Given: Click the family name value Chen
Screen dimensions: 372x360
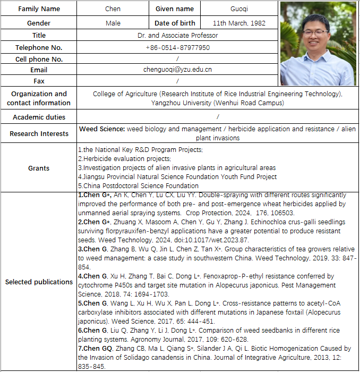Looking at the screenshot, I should point(113,9).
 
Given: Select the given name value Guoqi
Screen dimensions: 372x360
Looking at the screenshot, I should point(238,9).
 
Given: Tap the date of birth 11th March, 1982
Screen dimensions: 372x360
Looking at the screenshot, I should point(238,23).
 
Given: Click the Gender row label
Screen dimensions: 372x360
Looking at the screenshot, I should point(39,23).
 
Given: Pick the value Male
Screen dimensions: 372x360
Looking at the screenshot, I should point(113,23).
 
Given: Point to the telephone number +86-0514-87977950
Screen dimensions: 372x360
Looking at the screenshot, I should point(177,48).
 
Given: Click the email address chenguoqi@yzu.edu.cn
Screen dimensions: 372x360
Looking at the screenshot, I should point(177,70).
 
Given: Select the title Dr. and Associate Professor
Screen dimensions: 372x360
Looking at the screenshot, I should point(177,36).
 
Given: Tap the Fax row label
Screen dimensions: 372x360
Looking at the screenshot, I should point(39,81).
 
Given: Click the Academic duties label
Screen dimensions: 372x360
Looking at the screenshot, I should point(39,117).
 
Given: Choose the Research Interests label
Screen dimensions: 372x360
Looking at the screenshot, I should point(39,134).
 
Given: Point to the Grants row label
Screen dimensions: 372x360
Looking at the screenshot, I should point(39,168).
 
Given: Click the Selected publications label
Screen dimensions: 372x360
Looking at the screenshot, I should point(39,282).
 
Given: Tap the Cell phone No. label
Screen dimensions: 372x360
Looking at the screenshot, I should point(39,59).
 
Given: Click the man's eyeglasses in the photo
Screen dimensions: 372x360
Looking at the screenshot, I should point(316,33).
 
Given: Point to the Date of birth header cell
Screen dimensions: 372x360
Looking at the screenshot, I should point(175,23).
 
